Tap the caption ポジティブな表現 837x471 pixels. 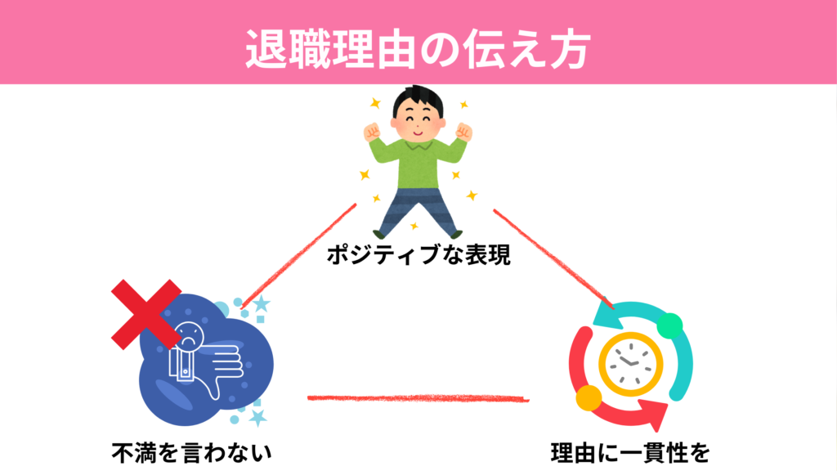pyautogui.click(x=418, y=256)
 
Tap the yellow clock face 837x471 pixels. pyautogui.click(x=630, y=361)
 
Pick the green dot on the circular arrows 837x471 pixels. pyautogui.click(x=669, y=325)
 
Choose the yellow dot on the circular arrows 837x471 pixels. pyautogui.click(x=588, y=399)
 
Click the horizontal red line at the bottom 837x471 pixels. pyautogui.click(x=417, y=398)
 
